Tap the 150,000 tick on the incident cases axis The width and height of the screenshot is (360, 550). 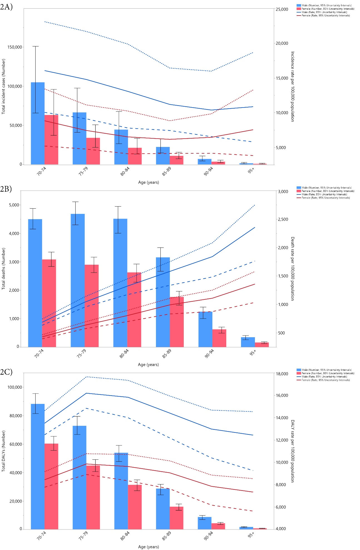pyautogui.click(x=15, y=47)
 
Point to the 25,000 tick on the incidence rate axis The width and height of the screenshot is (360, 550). pyautogui.click(x=282, y=9)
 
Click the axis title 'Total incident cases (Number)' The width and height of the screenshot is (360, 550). pyautogui.click(x=4, y=86)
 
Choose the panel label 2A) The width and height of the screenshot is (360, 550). pyautogui.click(x=6, y=7)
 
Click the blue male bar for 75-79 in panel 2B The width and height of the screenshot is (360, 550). pyautogui.click(x=78, y=280)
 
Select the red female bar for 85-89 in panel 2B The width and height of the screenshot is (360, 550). pyautogui.click(x=177, y=322)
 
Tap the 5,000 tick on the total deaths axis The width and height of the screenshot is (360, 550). pyautogui.click(x=14, y=205)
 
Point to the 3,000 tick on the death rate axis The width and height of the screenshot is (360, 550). pyautogui.click(x=283, y=192)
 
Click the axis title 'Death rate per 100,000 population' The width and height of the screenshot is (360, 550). pyautogui.click(x=292, y=269)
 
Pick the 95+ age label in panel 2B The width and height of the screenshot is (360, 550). pyautogui.click(x=253, y=353)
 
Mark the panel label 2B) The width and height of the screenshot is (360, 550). pyautogui.click(x=6, y=189)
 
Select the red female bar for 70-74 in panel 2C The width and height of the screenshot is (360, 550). pyautogui.click(x=51, y=486)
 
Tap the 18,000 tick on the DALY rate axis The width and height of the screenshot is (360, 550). pyautogui.click(x=282, y=374)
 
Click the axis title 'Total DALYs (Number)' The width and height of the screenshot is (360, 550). pyautogui.click(x=4, y=451)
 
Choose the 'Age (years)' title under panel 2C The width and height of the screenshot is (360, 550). pyautogui.click(x=148, y=547)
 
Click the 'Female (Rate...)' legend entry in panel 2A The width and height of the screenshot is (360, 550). pyautogui.click(x=326, y=16)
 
